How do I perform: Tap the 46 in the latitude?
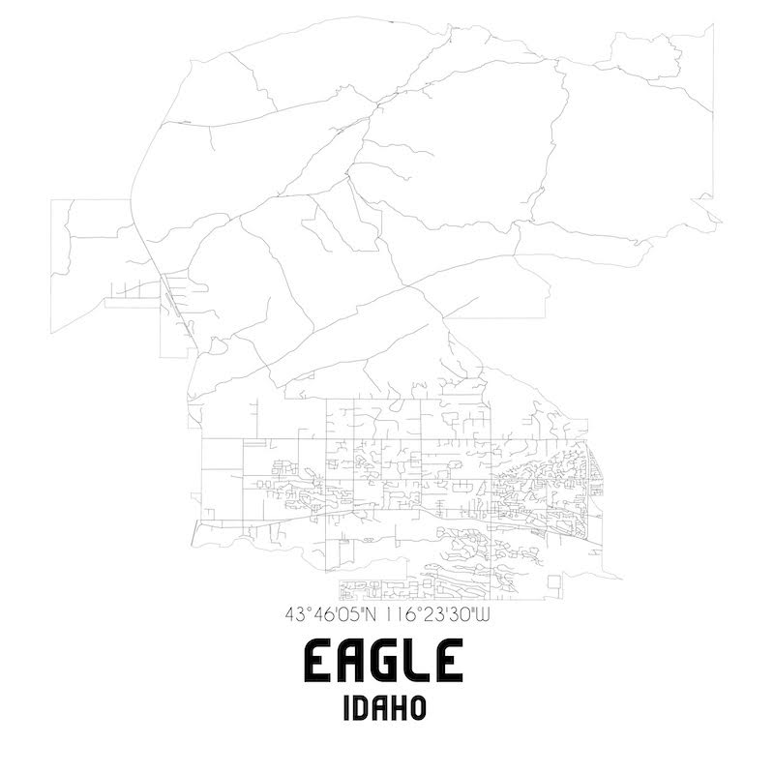[x=318, y=613]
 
